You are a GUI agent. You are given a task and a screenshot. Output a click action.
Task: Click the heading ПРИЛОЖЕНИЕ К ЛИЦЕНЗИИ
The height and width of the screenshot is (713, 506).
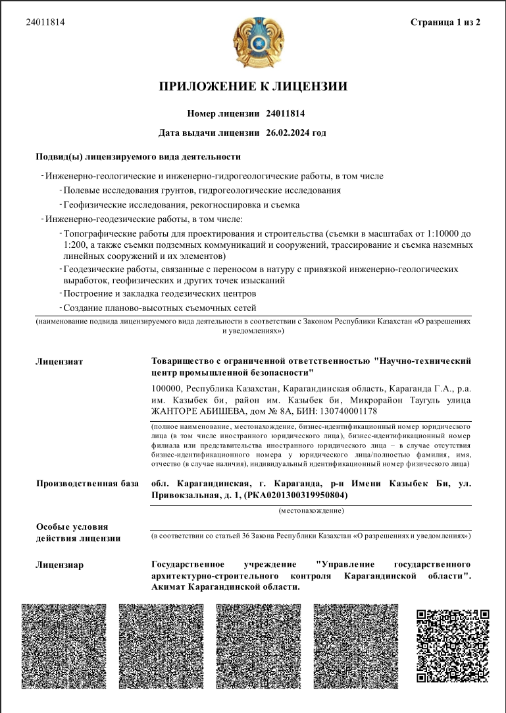253,86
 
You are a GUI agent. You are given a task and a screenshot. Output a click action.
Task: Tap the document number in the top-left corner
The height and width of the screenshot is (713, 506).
45,22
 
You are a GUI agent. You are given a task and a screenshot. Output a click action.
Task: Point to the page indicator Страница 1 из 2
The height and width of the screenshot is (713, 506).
445,22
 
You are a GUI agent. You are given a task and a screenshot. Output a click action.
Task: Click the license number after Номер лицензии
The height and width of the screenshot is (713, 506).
286,113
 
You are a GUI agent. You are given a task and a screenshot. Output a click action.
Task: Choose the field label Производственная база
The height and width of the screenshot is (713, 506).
87,484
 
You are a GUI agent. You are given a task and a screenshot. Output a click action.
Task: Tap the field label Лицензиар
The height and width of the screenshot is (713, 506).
59,565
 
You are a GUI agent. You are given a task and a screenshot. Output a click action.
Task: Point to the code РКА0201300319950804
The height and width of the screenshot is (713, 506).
296,495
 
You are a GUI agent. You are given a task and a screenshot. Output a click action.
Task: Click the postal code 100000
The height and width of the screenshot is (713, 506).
167,389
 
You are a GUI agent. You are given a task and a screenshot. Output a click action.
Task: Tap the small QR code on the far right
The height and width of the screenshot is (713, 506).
452,637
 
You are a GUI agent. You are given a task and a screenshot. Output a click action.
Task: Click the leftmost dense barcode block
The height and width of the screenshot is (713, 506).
64,646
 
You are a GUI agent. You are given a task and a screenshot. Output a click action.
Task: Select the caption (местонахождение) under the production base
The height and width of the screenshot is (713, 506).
311,510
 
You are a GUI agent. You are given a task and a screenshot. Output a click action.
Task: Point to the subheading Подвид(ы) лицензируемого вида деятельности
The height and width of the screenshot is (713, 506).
138,157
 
